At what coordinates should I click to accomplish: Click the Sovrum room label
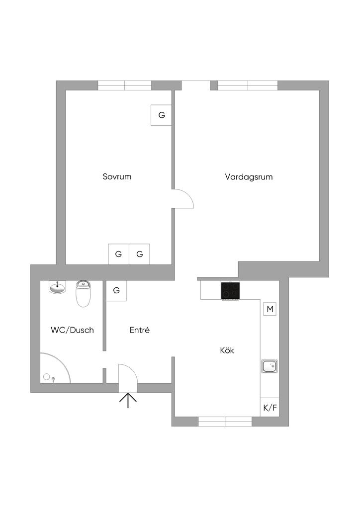click(x=117, y=176)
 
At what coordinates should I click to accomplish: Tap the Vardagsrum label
click(x=249, y=176)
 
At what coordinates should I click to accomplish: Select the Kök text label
click(x=227, y=350)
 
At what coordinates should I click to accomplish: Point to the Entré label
click(x=140, y=330)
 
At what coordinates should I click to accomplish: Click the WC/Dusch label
click(x=72, y=330)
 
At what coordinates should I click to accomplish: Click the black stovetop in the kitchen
click(x=230, y=291)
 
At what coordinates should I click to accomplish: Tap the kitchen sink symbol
click(x=270, y=366)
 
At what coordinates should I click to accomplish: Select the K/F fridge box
click(x=270, y=408)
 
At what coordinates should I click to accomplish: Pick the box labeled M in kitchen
click(x=270, y=309)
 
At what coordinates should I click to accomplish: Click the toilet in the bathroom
click(x=83, y=294)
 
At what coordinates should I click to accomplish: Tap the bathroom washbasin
click(x=58, y=287)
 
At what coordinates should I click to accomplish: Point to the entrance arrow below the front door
click(x=128, y=400)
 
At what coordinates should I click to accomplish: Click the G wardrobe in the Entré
click(x=116, y=291)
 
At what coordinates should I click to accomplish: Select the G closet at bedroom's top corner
click(x=162, y=115)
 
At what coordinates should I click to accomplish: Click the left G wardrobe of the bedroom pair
click(x=118, y=254)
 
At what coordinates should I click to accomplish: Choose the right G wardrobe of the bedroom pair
click(x=140, y=254)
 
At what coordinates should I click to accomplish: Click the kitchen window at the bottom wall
click(x=225, y=422)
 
